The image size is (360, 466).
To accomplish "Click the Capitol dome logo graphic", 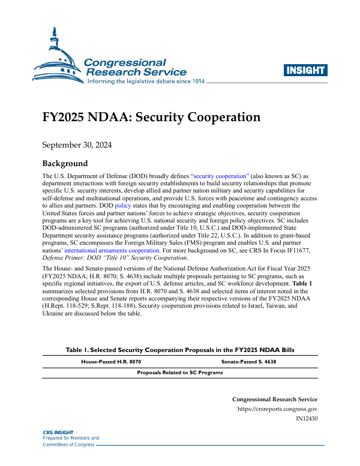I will tap(57, 60).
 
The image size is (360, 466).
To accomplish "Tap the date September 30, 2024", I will tap(77, 145).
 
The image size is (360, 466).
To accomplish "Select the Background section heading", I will tap(65, 164).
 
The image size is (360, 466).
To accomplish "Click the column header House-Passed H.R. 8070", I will tap(111, 362).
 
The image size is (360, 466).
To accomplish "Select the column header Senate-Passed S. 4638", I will tap(248, 362).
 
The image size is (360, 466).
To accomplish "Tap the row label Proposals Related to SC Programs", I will tap(180, 372).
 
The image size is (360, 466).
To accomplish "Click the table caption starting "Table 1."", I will tap(180, 350).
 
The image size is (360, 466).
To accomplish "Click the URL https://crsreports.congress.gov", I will tap(278, 409).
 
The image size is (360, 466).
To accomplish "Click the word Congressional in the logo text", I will tap(125, 62).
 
